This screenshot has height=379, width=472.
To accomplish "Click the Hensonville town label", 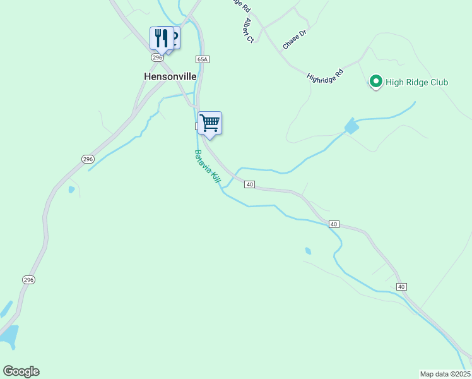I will click(170, 76).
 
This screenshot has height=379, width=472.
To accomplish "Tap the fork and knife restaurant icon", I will click(161, 39).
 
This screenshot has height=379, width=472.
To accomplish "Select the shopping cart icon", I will click(209, 123).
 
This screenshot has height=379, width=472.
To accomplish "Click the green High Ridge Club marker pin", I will click(376, 81).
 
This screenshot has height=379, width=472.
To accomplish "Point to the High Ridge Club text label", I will click(417, 82).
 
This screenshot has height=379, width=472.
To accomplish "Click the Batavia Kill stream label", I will click(207, 167).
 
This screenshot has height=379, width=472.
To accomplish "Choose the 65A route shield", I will click(202, 59).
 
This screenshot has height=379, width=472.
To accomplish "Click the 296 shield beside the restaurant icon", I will click(157, 57).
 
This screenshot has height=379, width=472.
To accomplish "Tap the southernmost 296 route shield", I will click(28, 279).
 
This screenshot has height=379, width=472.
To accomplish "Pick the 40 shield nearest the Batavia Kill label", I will click(250, 184).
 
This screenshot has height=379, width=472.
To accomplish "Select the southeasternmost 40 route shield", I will click(401, 287).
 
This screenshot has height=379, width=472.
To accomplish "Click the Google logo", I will click(21, 371).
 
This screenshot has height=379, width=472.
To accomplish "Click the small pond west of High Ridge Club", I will click(351, 127).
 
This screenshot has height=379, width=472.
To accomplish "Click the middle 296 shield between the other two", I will click(88, 159).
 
